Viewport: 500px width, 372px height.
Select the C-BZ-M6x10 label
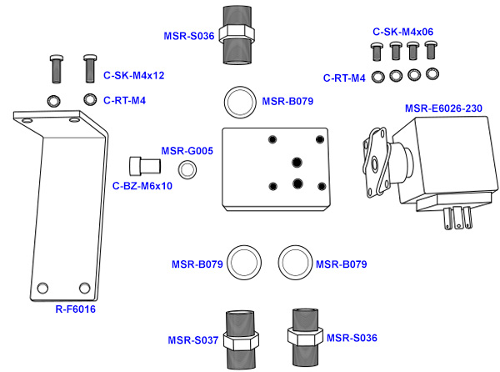[x=142, y=186]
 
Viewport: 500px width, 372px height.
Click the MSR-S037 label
[x=192, y=339]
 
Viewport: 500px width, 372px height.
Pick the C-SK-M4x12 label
[x=133, y=75]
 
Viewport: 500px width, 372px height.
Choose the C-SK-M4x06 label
[x=403, y=32]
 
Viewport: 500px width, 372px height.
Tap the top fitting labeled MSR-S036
[x=242, y=33]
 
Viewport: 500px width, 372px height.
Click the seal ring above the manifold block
[x=241, y=103]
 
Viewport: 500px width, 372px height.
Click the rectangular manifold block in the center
[x=275, y=167]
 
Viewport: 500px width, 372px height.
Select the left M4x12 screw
[x=57, y=68]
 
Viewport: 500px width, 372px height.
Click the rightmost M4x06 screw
[x=431, y=49]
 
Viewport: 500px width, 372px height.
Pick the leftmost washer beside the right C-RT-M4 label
[x=378, y=77]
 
